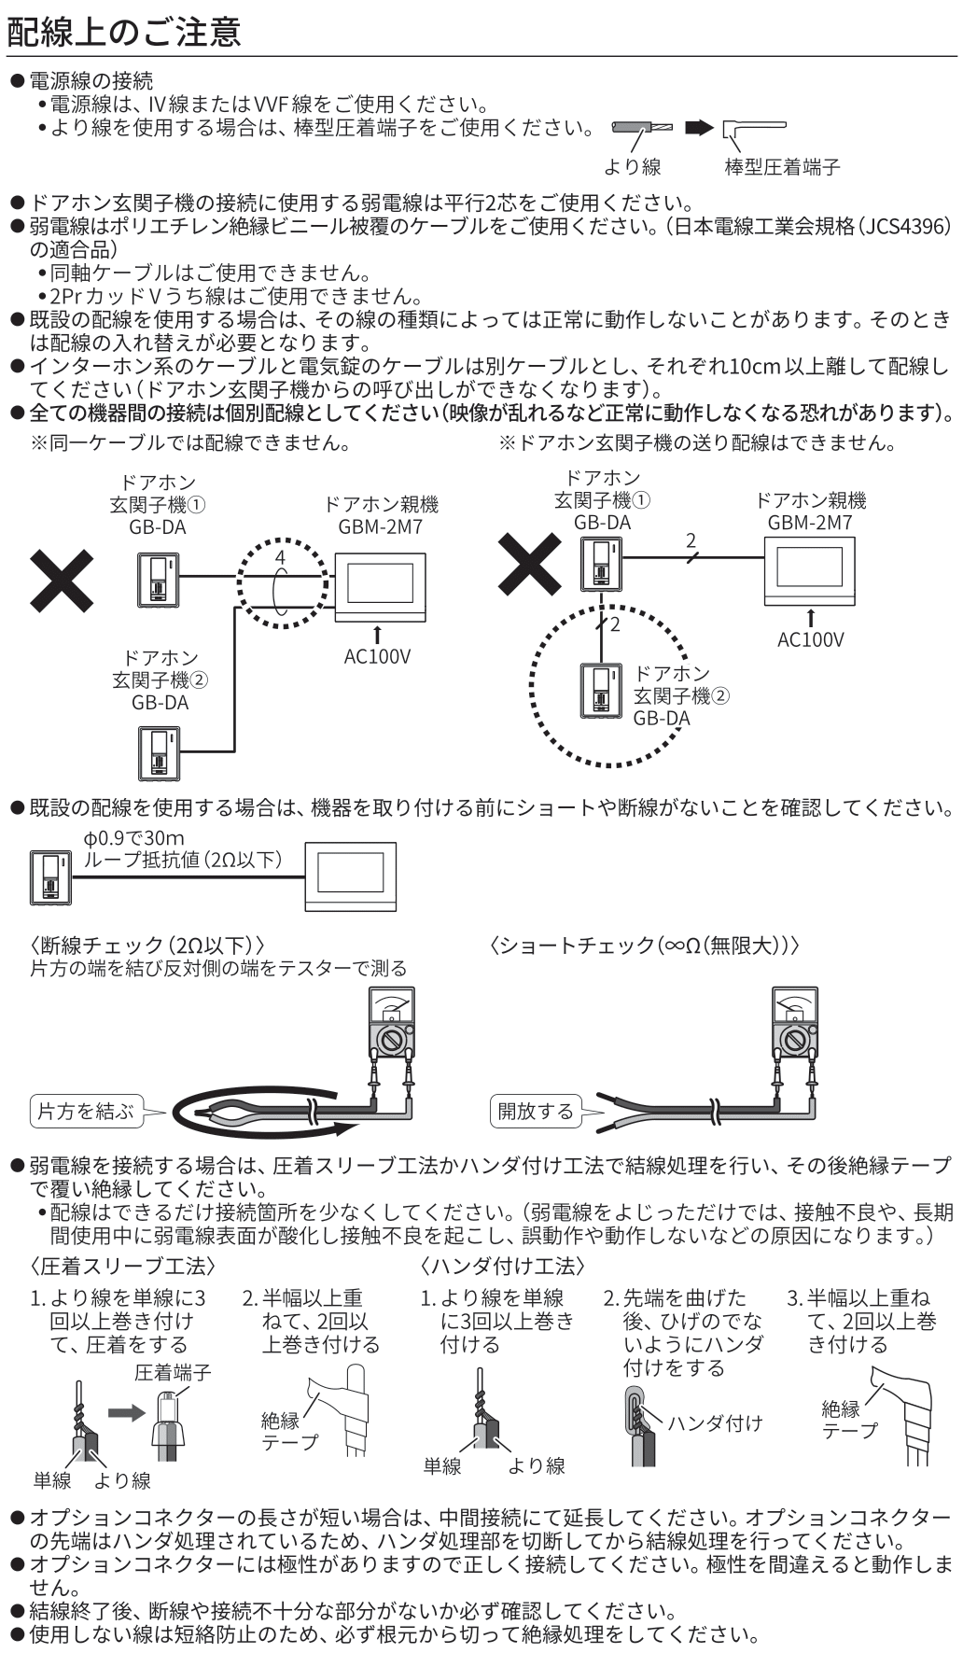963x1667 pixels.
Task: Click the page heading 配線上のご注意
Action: (123, 32)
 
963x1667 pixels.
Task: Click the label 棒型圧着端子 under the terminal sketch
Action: (782, 167)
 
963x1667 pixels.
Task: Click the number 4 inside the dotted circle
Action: (279, 557)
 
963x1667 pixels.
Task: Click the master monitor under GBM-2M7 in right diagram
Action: (810, 575)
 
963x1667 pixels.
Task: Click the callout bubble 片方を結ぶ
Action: (85, 1111)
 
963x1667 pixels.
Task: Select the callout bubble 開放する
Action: (536, 1111)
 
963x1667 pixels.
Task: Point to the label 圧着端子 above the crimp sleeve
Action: (173, 1372)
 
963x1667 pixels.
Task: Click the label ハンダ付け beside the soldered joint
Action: (715, 1422)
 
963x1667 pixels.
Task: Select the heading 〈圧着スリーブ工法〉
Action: (123, 1267)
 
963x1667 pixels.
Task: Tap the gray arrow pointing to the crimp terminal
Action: (126, 1412)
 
